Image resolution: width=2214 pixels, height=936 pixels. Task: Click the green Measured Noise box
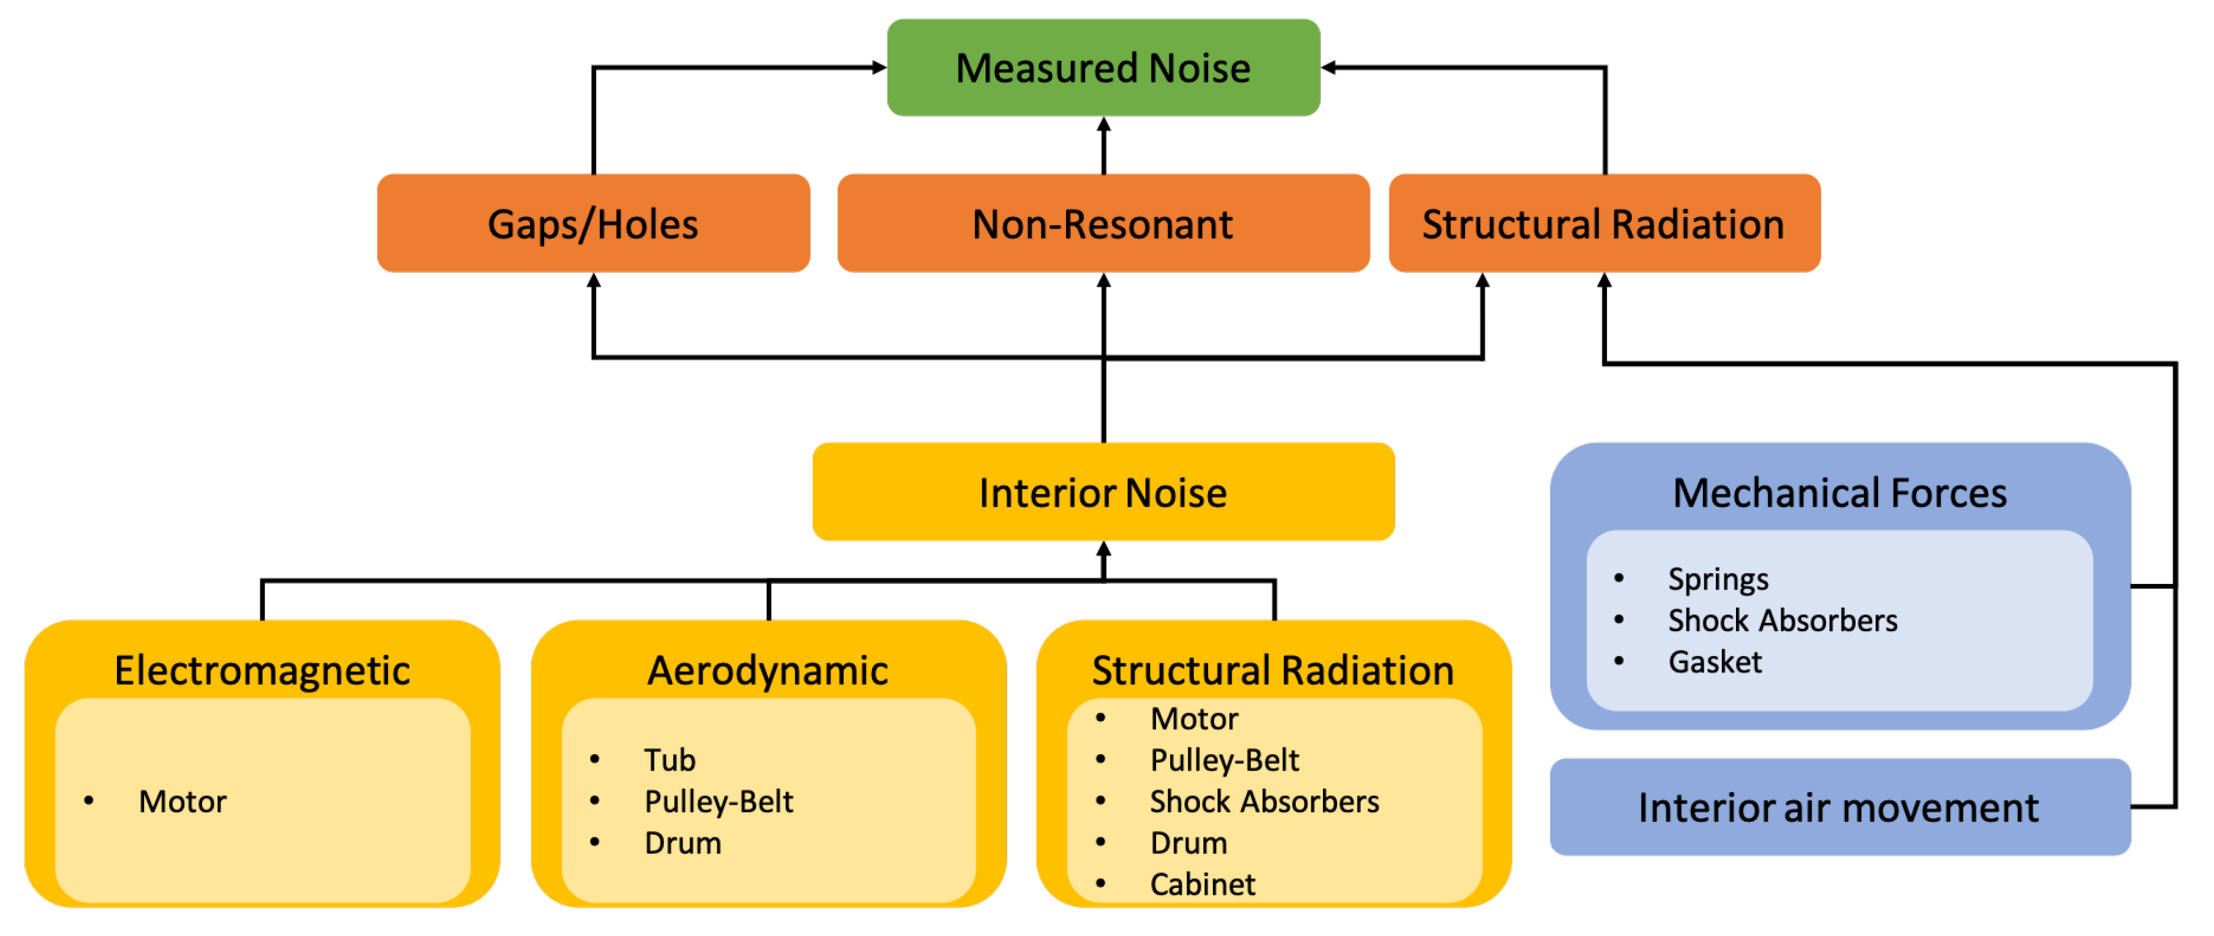coord(1103,68)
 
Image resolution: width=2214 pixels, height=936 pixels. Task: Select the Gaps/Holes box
coord(593,224)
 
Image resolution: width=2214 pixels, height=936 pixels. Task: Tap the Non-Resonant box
coord(1103,224)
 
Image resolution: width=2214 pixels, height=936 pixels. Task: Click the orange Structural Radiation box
coord(1604,224)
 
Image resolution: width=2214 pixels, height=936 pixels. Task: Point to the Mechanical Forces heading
coord(1839,493)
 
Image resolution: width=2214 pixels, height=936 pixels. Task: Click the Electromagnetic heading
coord(262,670)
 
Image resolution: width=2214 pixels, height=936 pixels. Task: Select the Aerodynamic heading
coord(767,670)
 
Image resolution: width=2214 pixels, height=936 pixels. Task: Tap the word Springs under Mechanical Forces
coord(1718,579)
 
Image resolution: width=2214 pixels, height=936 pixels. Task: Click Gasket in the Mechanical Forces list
coord(1714,662)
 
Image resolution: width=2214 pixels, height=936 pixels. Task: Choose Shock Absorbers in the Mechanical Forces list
coord(1783,620)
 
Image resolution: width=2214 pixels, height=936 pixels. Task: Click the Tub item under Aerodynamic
coord(669,760)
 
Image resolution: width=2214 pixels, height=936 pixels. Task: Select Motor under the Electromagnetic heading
coord(183,801)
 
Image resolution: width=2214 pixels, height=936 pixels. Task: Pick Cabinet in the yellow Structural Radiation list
coord(1203,883)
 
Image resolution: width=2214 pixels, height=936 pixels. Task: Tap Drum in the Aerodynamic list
coord(682,842)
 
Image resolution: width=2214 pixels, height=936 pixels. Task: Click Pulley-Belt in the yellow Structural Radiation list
coord(1224,760)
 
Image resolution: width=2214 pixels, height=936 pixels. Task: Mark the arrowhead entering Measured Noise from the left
coord(880,67)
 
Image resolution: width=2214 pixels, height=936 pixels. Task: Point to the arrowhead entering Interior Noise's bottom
coord(1103,549)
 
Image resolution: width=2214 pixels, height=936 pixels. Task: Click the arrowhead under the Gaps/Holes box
coord(593,281)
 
